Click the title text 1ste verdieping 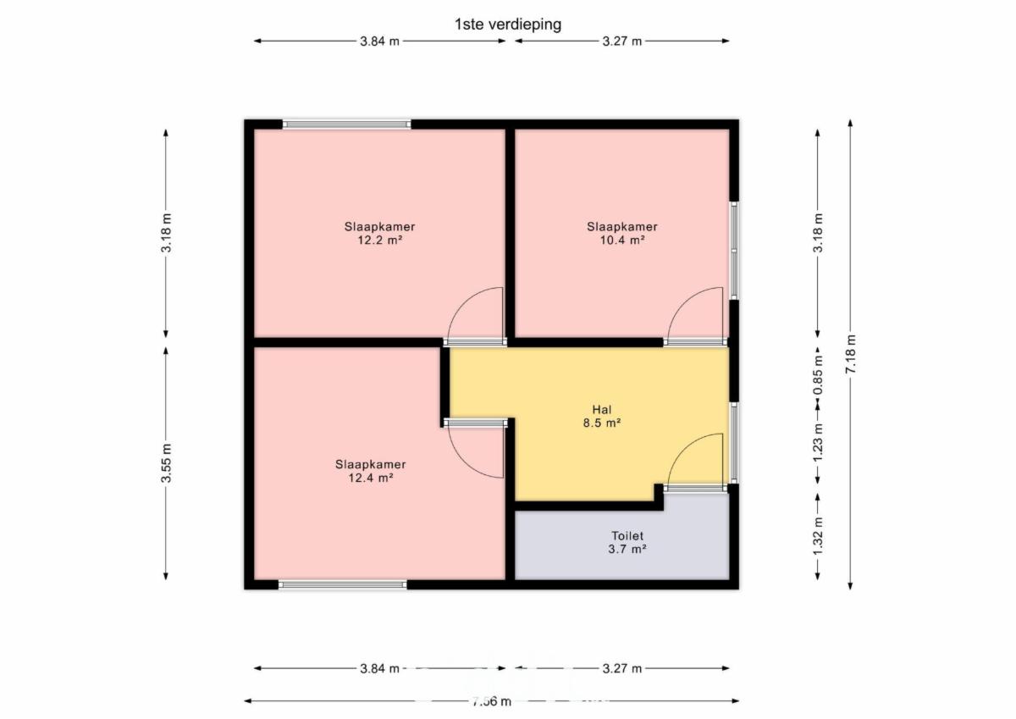508,25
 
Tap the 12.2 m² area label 380,240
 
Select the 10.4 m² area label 622,240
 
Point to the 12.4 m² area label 371,478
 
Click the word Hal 602,410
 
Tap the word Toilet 627,536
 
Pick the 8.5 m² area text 602,423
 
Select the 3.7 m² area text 627,549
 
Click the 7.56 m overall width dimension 492,701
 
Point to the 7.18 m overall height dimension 850,354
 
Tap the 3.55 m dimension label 166,463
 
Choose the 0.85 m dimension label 818,375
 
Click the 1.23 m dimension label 818,443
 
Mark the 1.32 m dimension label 818,536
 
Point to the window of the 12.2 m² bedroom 347,124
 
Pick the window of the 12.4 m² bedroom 343,584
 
